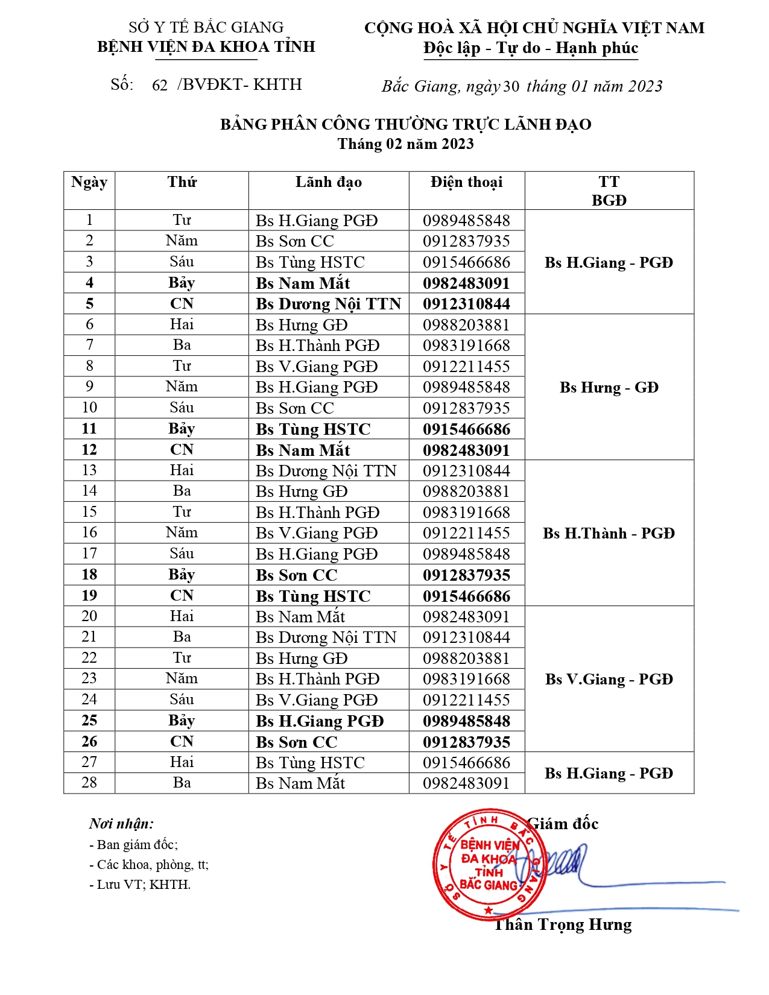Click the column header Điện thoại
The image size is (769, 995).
(466, 182)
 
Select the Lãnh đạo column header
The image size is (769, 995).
(328, 182)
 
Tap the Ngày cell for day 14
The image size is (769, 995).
(89, 491)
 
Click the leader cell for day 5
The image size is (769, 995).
(328, 304)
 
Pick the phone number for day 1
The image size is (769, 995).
(466, 221)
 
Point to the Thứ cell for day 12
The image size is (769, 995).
(182, 450)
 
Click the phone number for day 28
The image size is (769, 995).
(466, 783)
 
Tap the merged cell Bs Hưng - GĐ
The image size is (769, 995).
(609, 387)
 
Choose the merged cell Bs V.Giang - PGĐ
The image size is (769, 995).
(609, 680)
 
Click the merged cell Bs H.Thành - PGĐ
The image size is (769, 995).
(609, 533)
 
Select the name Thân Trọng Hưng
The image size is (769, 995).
(563, 925)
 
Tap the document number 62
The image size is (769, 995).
(160, 85)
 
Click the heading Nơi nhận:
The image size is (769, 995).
(121, 824)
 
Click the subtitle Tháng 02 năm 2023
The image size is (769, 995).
(405, 144)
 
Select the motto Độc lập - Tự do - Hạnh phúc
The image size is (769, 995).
(531, 48)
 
